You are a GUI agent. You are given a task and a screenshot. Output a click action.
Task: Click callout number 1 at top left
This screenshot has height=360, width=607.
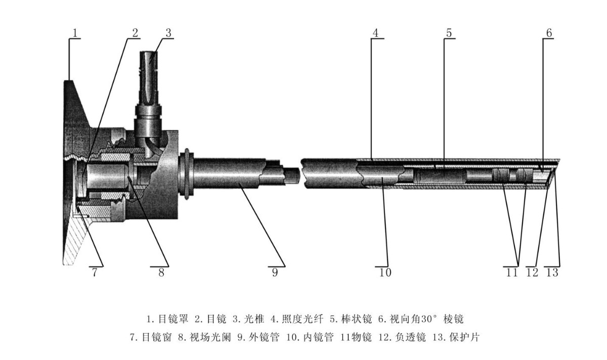click(x=75, y=33)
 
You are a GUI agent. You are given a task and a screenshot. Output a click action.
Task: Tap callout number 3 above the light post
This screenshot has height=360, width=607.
click(x=168, y=33)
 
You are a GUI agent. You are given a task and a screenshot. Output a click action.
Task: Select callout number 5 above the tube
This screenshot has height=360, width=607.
click(x=449, y=33)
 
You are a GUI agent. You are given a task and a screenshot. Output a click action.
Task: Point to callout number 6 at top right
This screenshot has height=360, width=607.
click(x=549, y=33)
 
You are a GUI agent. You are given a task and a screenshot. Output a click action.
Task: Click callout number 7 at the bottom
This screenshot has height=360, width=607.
click(x=95, y=273)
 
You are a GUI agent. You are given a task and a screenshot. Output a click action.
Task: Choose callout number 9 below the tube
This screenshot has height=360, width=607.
click(x=275, y=273)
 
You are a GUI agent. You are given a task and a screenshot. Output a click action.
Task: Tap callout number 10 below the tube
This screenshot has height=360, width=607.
click(x=385, y=273)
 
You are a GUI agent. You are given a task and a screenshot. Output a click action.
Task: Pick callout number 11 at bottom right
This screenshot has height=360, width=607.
click(x=512, y=273)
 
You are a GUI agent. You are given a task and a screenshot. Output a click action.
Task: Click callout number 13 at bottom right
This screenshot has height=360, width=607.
click(x=552, y=273)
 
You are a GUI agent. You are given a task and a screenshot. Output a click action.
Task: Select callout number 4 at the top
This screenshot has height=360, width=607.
click(x=375, y=33)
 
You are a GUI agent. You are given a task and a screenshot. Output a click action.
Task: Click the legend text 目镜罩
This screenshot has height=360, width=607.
click(x=173, y=319)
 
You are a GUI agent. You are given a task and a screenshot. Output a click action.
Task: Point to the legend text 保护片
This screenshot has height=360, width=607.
click(x=464, y=337)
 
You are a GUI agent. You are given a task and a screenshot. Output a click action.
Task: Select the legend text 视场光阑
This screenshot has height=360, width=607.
click(x=210, y=337)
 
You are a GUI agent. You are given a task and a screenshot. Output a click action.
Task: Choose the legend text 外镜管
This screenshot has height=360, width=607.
click(x=264, y=337)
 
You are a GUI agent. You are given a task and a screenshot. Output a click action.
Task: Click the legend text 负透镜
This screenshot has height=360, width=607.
click(x=411, y=337)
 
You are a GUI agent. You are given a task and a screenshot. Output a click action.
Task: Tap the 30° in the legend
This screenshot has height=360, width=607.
click(x=429, y=319)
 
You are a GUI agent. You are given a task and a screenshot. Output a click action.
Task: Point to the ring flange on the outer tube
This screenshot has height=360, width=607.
click(x=186, y=174)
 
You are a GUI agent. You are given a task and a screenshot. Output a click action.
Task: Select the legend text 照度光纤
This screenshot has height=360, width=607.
click(x=302, y=319)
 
